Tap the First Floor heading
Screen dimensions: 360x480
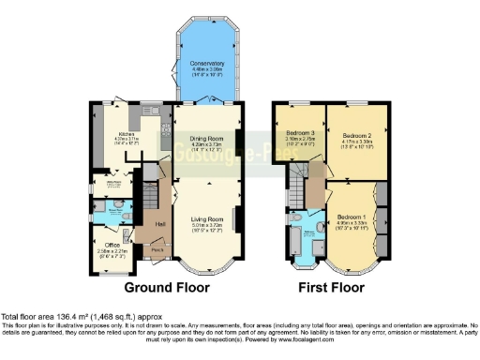tap(331, 287)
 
